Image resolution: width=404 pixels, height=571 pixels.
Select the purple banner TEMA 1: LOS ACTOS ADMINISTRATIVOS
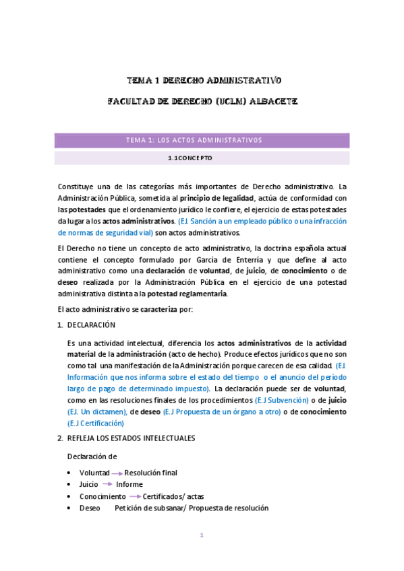202,140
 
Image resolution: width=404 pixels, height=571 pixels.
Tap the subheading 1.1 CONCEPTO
190,158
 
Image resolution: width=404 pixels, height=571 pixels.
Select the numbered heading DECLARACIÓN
92,325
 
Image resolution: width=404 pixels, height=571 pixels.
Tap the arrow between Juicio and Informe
107,484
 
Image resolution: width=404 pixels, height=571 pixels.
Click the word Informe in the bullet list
129,484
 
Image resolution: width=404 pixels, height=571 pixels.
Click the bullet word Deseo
90,508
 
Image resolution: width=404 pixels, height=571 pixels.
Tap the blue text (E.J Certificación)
96,423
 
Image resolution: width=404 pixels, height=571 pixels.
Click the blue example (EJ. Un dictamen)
97,411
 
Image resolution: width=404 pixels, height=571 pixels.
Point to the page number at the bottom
201,536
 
